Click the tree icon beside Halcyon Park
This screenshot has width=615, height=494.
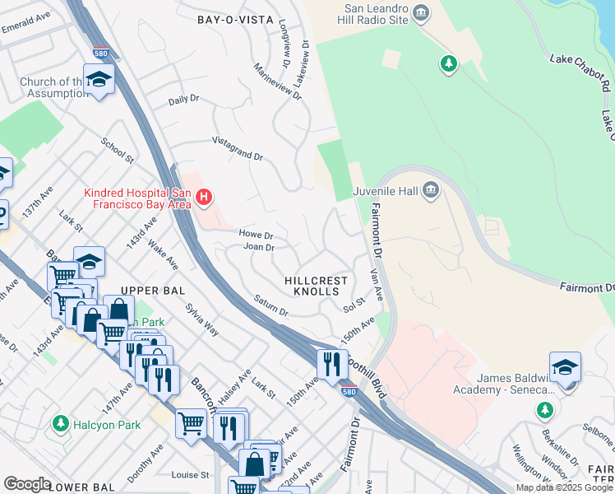[x=60, y=423]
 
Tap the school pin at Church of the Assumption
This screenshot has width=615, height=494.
[x=99, y=81]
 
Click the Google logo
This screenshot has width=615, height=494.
[x=27, y=484]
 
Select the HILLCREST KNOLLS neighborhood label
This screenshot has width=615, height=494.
[x=317, y=286]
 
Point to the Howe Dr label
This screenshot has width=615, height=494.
[x=256, y=235]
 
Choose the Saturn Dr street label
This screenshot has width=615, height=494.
[x=271, y=306]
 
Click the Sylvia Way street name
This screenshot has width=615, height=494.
[x=201, y=320]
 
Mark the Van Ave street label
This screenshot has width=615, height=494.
[x=377, y=287]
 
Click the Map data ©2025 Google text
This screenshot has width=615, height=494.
[x=564, y=487]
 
